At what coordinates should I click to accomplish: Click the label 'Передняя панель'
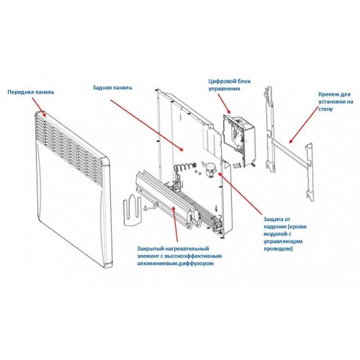click(31, 92)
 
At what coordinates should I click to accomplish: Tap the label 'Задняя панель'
click(112, 88)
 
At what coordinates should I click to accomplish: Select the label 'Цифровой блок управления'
click(229, 85)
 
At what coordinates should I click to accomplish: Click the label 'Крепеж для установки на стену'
click(336, 102)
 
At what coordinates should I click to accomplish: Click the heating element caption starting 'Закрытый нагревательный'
click(179, 256)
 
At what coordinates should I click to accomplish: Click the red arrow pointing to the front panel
click(39, 107)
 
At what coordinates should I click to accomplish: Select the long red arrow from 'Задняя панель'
click(147, 125)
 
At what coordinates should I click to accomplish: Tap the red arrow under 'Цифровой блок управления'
click(224, 104)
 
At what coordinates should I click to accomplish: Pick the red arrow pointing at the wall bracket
click(303, 125)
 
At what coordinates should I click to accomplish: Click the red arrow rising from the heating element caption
click(176, 223)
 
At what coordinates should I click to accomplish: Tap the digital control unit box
click(239, 140)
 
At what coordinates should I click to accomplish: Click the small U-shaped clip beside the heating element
click(132, 210)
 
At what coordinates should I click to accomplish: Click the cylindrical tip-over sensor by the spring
click(210, 170)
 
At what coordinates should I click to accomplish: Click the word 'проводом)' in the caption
click(278, 248)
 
